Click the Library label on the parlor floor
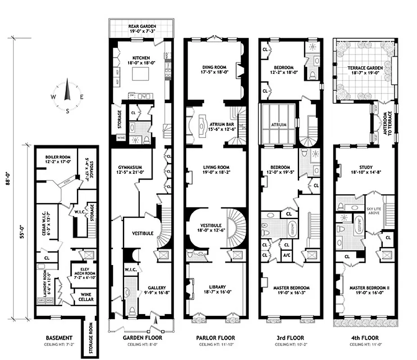pyautogui.click(x=217, y=287)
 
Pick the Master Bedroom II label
pyautogui.click(x=365, y=287)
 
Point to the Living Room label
pyautogui.click(x=217, y=167)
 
